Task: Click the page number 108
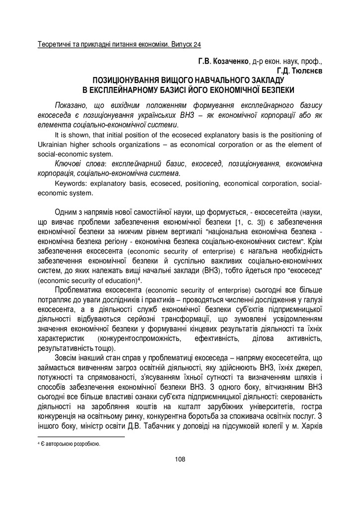[180, 458]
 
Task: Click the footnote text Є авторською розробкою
[71, 444]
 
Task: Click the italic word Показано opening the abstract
[71, 106]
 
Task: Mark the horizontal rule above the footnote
[81, 437]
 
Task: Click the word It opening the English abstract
[58, 135]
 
